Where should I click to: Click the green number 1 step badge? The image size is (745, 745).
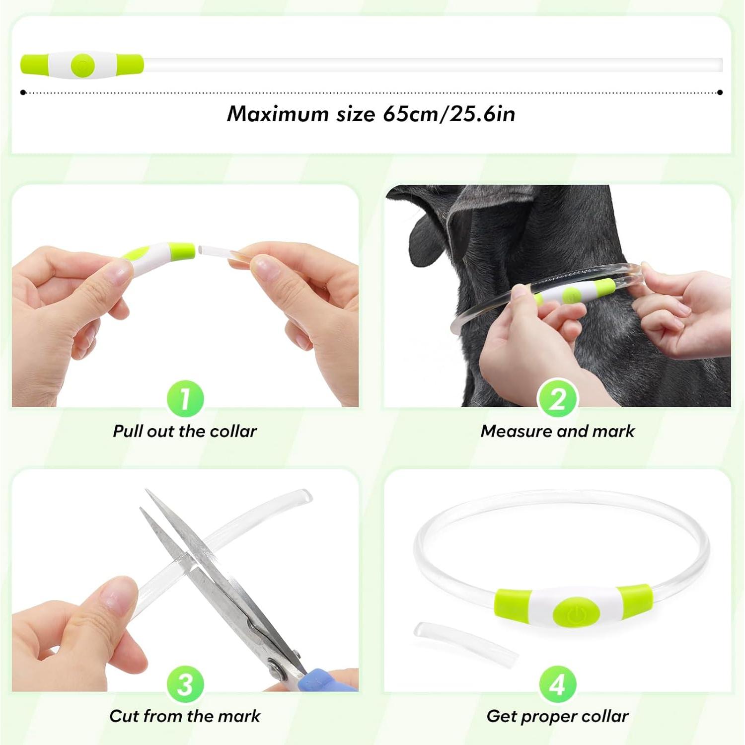point(185,398)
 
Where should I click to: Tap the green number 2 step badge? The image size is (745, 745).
point(557,398)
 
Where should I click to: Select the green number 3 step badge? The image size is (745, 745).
point(185,684)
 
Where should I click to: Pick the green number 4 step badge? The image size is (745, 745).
point(557,684)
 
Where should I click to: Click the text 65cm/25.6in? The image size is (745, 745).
point(448,114)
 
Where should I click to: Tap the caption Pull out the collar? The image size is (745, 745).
point(185,431)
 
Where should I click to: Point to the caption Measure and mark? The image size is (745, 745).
point(557,431)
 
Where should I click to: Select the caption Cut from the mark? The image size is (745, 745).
point(185,716)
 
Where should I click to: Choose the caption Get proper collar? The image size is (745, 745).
point(557,716)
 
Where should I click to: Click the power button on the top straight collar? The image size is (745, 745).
point(82,66)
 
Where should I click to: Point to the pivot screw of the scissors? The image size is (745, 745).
point(275,665)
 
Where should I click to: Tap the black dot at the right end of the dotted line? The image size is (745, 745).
point(720,92)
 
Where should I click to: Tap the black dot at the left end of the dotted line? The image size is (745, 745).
point(23,92)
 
